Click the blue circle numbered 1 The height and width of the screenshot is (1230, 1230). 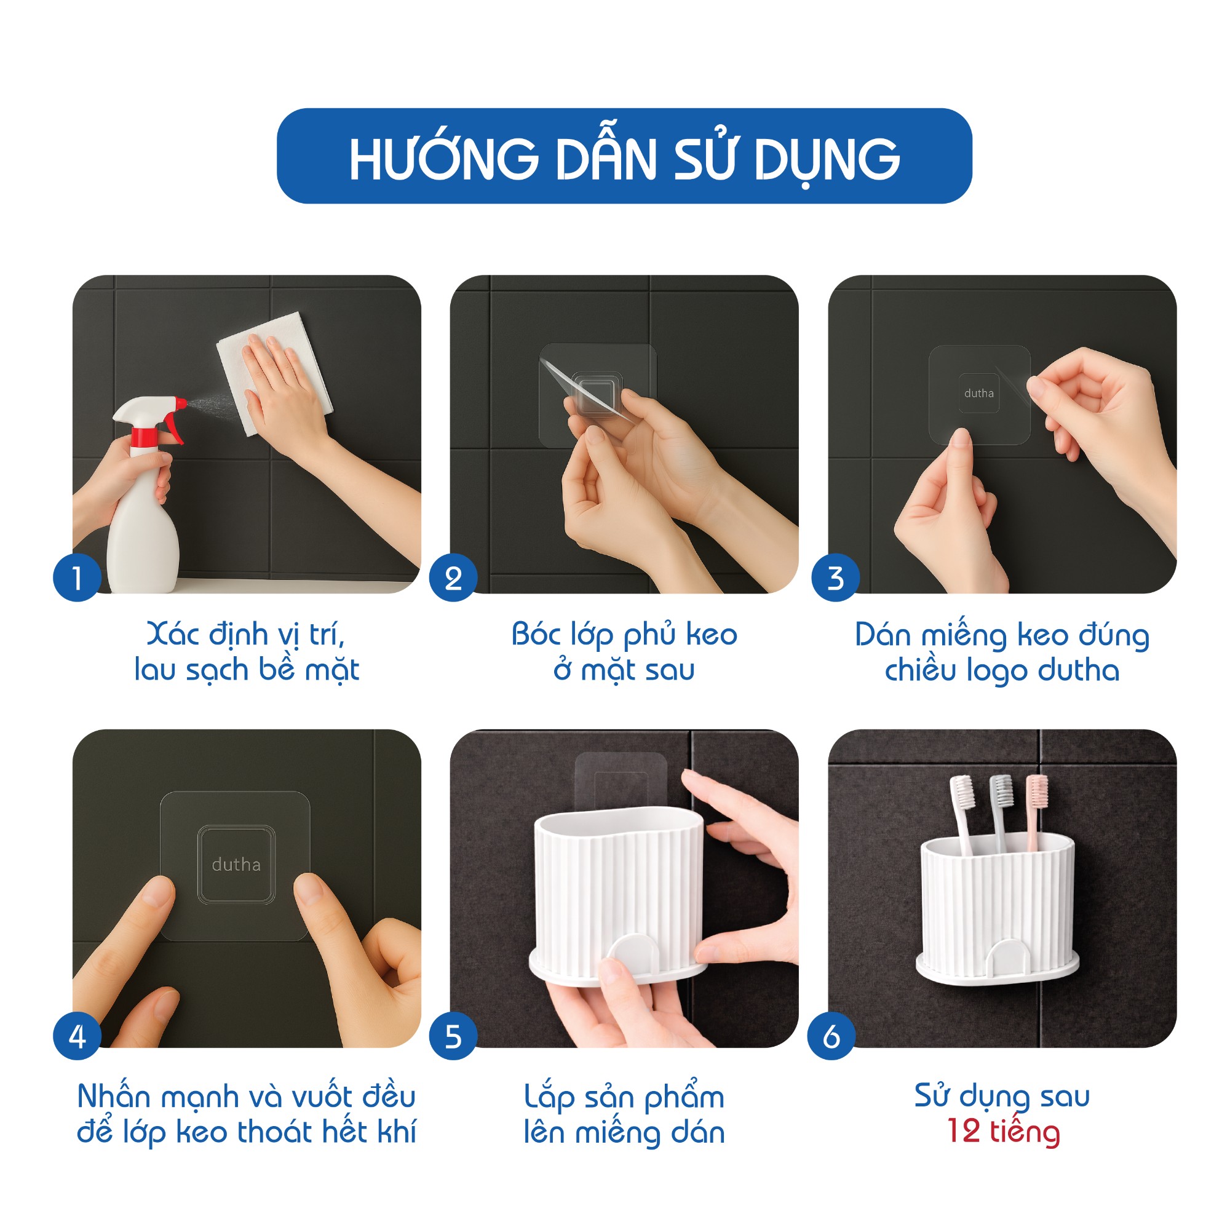click(77, 577)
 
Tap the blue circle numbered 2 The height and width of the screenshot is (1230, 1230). click(453, 577)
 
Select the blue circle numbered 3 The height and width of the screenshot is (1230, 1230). click(835, 577)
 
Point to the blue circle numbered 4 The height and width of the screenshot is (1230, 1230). click(77, 1036)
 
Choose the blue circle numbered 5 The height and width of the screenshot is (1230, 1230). click(453, 1036)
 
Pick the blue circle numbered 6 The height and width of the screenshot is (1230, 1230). click(831, 1036)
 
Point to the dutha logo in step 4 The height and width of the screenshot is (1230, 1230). click(236, 865)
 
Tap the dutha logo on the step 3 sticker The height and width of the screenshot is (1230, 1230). click(978, 394)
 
